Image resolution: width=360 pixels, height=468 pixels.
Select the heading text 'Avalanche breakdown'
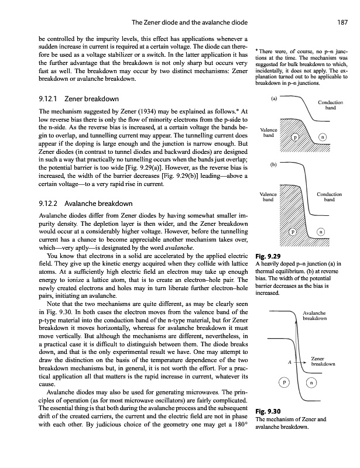[94, 204]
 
